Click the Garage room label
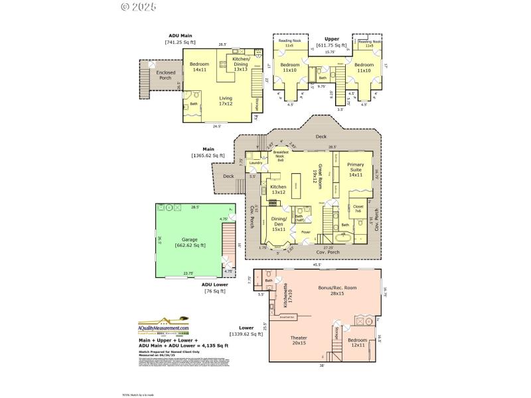(189, 241)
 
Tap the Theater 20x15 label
(299, 340)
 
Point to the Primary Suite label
(356, 170)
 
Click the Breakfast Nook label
(280, 157)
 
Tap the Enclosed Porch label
(165, 75)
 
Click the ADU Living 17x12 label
(226, 101)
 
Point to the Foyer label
(306, 232)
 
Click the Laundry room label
(256, 163)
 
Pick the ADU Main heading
(180, 35)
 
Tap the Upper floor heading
(331, 39)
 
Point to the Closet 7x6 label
(358, 206)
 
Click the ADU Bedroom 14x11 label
(200, 66)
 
